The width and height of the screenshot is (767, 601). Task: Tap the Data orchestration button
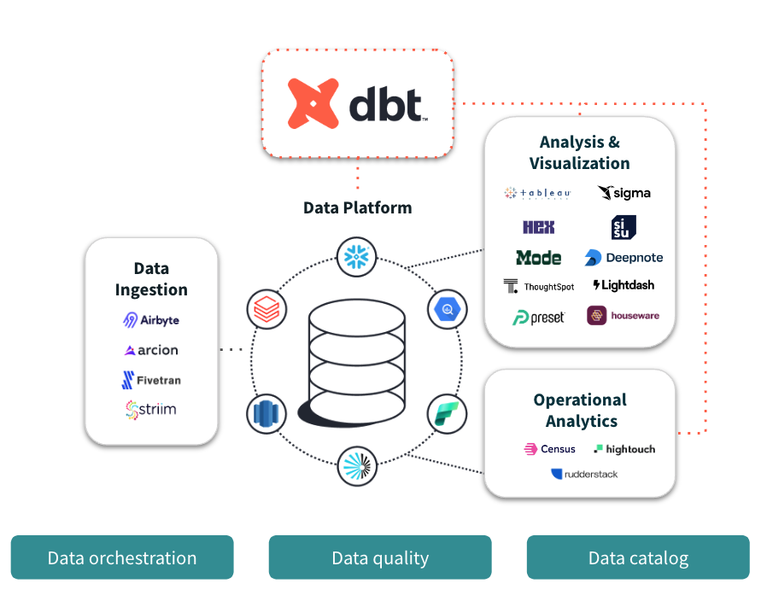[x=122, y=557]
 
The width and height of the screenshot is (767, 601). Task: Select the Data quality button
[x=380, y=557]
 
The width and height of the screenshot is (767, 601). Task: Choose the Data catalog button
[x=638, y=557]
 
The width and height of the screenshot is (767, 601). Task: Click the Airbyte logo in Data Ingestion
[x=151, y=320]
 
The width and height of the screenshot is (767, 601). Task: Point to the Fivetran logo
[x=151, y=380]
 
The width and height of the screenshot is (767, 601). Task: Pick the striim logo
[x=151, y=410]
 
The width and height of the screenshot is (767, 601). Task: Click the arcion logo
[x=151, y=350]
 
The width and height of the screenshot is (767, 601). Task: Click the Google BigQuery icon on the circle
[x=447, y=308]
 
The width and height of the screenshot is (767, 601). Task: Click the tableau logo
[x=537, y=193]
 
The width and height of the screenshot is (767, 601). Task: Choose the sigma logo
[x=624, y=193]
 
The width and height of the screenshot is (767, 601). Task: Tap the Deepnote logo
[x=624, y=257]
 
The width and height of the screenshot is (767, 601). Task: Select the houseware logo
[x=624, y=316]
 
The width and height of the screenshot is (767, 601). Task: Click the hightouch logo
[x=624, y=449]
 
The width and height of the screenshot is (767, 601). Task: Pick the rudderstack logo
[x=584, y=474]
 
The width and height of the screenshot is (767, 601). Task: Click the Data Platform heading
[x=357, y=207]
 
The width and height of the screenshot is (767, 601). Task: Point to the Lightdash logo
[x=624, y=285]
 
